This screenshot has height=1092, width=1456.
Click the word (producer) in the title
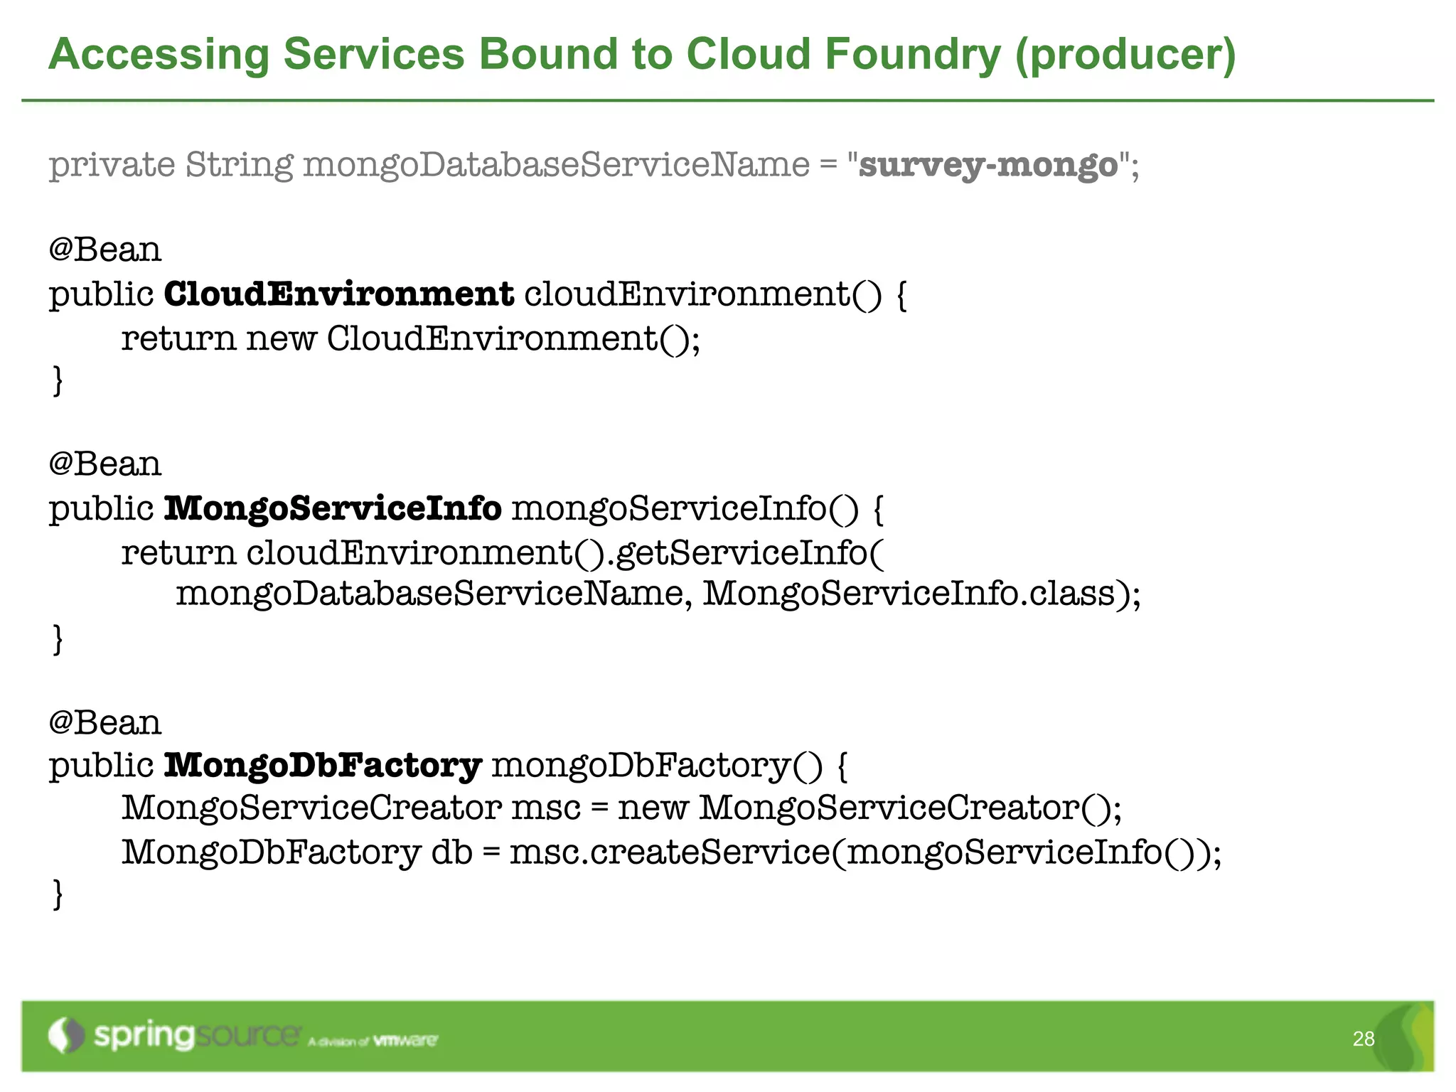coord(1125,55)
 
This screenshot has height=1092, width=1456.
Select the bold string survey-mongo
coord(988,165)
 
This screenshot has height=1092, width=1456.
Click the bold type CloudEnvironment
coord(338,294)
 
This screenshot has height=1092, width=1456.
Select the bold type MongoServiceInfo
coord(332,508)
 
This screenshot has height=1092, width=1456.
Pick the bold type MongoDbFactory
coord(323,766)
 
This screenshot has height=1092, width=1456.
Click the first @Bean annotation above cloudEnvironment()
coord(105,250)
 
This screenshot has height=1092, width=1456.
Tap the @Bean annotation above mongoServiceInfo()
coord(105,464)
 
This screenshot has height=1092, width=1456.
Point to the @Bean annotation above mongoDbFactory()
coord(105,722)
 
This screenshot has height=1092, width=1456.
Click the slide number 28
coord(1363,1039)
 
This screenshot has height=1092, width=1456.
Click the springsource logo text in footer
coord(196,1035)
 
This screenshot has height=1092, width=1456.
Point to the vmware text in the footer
coord(405,1041)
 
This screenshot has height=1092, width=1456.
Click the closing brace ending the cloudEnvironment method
coord(58,380)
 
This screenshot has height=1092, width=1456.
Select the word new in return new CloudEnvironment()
coord(281,338)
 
